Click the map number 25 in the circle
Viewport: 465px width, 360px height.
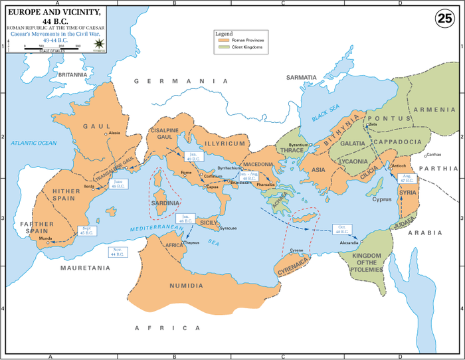tap(444, 19)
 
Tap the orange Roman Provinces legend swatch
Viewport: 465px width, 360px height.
tap(223, 41)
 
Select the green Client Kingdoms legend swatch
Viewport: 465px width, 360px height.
tap(223, 48)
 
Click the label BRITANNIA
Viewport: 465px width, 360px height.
tap(73, 75)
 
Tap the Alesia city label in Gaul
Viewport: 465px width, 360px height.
tap(114, 133)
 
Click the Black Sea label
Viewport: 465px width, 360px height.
tap(325, 114)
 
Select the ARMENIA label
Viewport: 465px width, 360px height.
tap(435, 110)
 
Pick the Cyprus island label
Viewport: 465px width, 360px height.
tap(382, 199)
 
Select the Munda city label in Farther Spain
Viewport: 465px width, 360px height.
tap(46, 237)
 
